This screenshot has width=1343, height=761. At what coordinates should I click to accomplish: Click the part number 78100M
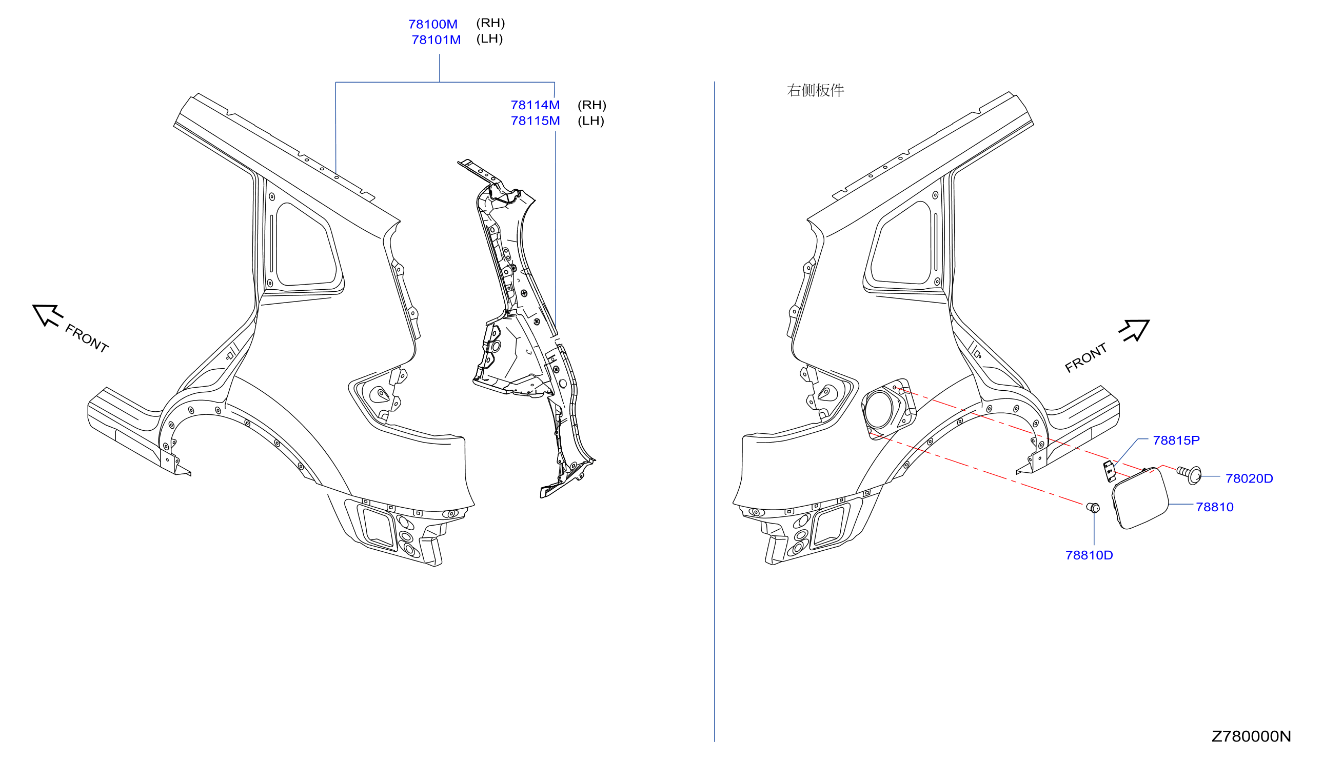pos(432,24)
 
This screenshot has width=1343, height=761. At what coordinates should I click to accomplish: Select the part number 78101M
pos(436,39)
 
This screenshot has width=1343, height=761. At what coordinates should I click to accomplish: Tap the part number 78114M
pos(535,105)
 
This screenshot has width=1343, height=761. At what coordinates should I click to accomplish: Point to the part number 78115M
pos(535,121)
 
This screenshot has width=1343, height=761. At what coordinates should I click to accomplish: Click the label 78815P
pos(1176,440)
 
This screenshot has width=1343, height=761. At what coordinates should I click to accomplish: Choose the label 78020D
pos(1249,478)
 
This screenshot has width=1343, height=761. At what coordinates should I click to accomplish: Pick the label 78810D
pos(1089,555)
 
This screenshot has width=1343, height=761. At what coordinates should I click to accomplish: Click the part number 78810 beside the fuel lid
pos(1214,507)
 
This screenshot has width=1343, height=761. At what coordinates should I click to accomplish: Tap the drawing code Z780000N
pos(1251,736)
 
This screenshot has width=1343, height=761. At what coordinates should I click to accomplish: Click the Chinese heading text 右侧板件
pos(815,90)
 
